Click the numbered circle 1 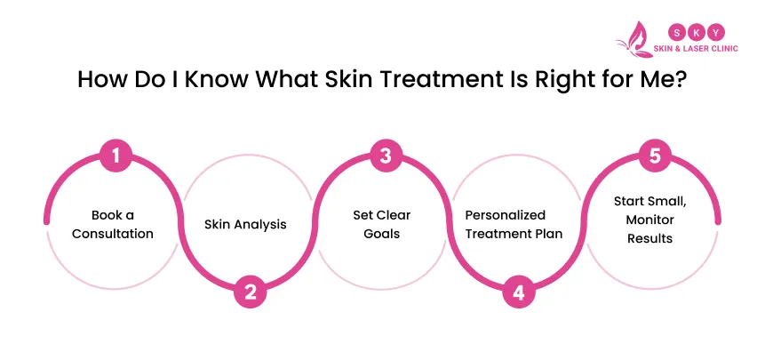click(116, 157)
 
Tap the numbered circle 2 click(251, 291)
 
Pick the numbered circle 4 click(520, 291)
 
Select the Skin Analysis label click(246, 224)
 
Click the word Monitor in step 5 click(651, 219)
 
